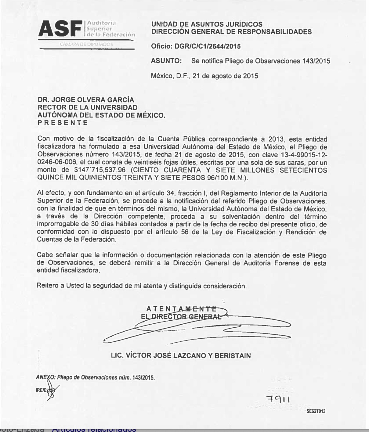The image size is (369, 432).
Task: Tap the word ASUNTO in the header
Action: [x=166, y=61]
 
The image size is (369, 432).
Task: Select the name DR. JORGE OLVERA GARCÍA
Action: [x=86, y=100]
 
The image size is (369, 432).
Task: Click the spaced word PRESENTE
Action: [x=63, y=123]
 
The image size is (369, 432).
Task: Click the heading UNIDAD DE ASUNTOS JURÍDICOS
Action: [x=207, y=24]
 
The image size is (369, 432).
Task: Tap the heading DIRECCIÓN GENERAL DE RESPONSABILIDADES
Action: [x=232, y=32]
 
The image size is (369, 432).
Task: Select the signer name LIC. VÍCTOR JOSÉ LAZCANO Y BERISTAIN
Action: [x=181, y=355]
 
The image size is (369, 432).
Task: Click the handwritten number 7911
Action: [x=277, y=399]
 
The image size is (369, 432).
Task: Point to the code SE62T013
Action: [x=316, y=411]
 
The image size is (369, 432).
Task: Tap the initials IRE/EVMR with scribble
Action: [x=46, y=391]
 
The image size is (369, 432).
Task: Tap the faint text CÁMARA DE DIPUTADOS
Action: [x=87, y=44]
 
